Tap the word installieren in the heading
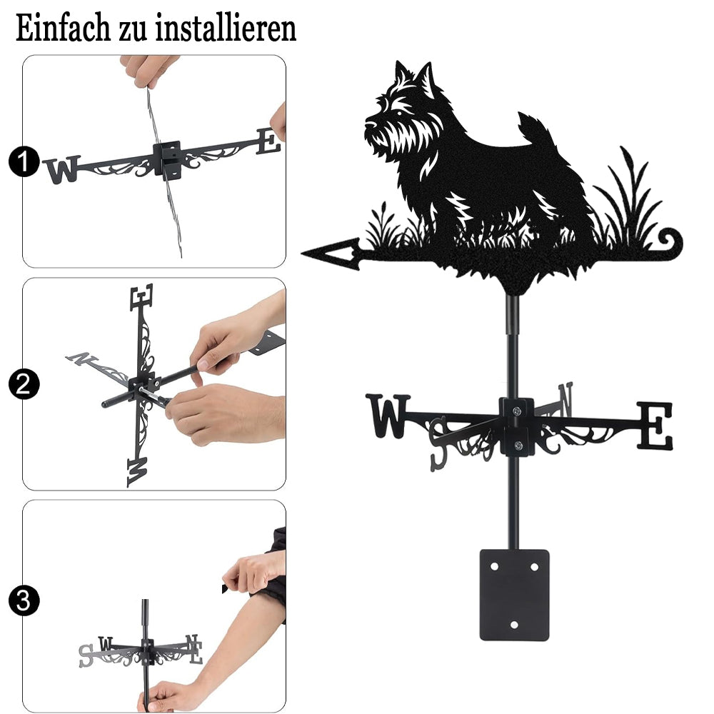pyautogui.click(x=226, y=29)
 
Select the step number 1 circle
pyautogui.click(x=24, y=161)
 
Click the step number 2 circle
pyautogui.click(x=24, y=384)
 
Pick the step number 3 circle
pyautogui.click(x=24, y=600)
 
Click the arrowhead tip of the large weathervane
pyautogui.click(x=302, y=251)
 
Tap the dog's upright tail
pyautogui.click(x=532, y=129)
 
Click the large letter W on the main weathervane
pyautogui.click(x=388, y=416)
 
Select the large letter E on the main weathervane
pyautogui.click(x=655, y=426)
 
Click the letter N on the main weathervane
pyautogui.click(x=565, y=399)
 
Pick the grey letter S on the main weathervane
pyautogui.click(x=438, y=443)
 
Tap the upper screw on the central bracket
pyautogui.click(x=516, y=411)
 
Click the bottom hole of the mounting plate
pyautogui.click(x=515, y=625)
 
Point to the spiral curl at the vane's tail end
pyautogui.click(x=670, y=241)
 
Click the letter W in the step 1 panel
pyautogui.click(x=62, y=169)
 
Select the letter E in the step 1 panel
pyautogui.click(x=268, y=141)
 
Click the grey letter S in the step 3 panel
pyautogui.click(x=86, y=655)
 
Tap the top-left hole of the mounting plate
pyautogui.click(x=495, y=567)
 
